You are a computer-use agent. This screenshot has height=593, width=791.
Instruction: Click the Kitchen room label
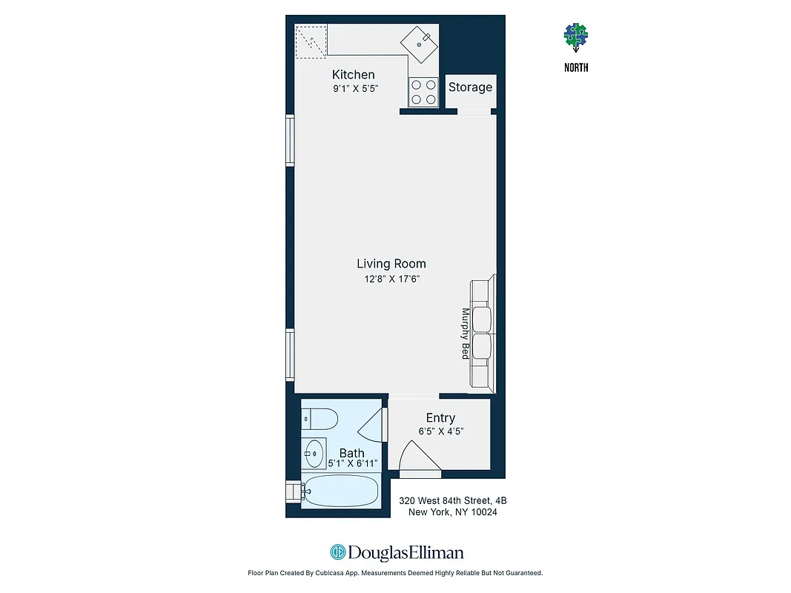353,75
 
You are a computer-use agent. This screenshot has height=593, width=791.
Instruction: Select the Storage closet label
470,87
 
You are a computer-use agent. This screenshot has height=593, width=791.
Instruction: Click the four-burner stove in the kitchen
423,93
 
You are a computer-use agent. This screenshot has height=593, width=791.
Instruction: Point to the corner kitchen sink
420,42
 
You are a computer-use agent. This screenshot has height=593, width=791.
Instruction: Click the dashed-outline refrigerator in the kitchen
311,40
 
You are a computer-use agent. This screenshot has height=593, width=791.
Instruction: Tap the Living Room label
391,264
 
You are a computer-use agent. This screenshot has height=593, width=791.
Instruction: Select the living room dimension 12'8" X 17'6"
391,279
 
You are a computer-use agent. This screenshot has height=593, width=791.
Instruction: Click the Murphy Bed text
466,334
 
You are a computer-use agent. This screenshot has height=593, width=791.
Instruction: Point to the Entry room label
440,418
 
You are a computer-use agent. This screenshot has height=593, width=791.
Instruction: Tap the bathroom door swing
371,431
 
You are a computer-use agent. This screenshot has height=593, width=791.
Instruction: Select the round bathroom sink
314,450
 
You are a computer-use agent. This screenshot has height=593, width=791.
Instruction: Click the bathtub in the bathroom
342,491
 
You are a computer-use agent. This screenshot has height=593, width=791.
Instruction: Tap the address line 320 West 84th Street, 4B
452,501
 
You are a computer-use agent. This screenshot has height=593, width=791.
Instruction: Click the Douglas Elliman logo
396,552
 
